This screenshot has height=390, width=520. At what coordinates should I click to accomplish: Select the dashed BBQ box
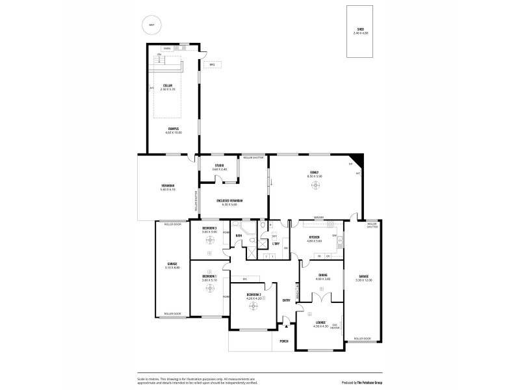(212, 64)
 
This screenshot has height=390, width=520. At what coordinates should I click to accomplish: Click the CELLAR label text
(168, 85)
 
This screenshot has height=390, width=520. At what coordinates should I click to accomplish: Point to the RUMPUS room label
(174, 129)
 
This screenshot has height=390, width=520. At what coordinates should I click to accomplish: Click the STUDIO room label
(219, 165)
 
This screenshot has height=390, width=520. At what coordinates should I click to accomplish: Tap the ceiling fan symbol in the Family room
(315, 186)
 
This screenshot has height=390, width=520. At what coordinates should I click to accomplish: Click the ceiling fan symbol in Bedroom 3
(210, 239)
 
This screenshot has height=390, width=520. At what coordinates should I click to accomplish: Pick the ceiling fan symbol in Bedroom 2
(253, 306)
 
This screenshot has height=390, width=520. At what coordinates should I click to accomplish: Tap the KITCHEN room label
(315, 237)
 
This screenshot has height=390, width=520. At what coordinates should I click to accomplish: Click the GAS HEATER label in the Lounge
(335, 326)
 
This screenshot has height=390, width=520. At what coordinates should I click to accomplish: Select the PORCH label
(283, 341)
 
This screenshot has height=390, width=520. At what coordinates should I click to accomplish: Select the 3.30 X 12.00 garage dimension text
(363, 280)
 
